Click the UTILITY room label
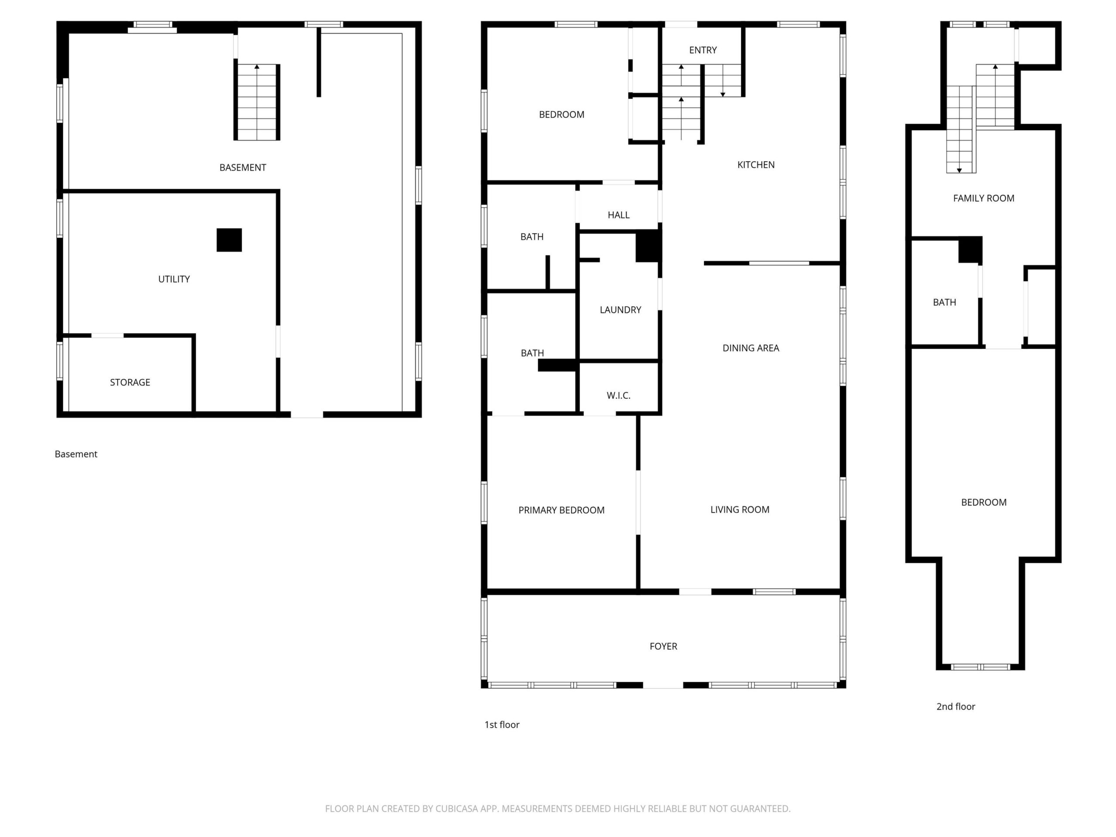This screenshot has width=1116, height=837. click(174, 279)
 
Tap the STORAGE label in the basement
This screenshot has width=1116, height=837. click(130, 382)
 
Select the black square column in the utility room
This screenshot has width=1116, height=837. click(229, 240)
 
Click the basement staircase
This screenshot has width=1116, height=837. click(257, 102)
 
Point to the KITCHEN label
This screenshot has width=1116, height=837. click(756, 164)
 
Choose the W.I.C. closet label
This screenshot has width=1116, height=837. click(619, 395)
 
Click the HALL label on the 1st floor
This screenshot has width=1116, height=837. click(619, 215)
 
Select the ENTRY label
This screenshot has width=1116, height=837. click(703, 50)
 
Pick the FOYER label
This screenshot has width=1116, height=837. click(663, 646)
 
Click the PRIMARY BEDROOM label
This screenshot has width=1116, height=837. click(561, 510)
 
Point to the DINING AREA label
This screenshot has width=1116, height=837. click(751, 348)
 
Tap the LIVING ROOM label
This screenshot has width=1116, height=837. click(740, 510)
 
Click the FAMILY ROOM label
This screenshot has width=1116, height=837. click(984, 198)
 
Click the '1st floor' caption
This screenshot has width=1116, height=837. click(502, 725)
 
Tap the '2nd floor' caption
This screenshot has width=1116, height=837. click(956, 706)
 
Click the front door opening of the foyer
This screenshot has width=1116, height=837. click(663, 685)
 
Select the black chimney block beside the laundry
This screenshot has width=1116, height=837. click(648, 246)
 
